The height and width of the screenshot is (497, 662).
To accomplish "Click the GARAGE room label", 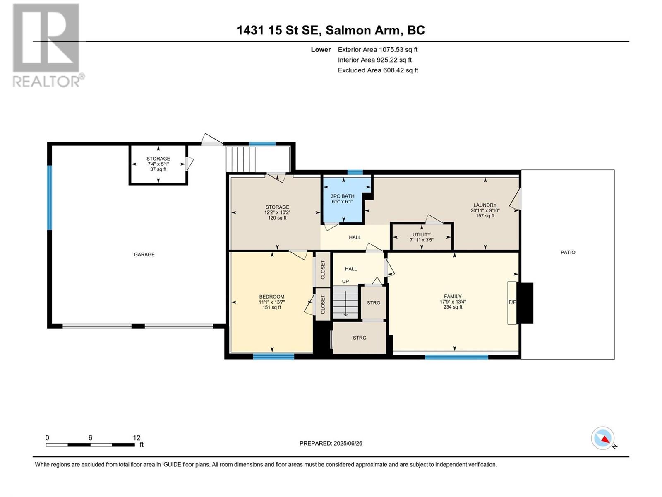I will click(144, 254).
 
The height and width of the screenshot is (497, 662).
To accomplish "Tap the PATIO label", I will click(568, 252).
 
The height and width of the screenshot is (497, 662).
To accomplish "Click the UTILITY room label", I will click(421, 234).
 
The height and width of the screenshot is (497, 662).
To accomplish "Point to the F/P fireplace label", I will click(512, 302).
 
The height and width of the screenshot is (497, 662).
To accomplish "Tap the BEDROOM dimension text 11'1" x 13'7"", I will click(272, 302).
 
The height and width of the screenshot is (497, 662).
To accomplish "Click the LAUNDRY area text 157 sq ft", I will click(485, 216).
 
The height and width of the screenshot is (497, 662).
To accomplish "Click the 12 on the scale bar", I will click(137, 438).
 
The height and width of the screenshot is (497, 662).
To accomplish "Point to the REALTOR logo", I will click(46, 46).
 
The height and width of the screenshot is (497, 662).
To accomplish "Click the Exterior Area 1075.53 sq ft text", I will click(377, 49).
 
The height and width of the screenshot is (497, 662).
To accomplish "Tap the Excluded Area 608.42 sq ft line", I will click(378, 70).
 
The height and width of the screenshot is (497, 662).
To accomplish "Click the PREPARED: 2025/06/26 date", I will click(331, 443).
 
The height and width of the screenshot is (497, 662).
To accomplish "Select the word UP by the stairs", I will click(345, 282).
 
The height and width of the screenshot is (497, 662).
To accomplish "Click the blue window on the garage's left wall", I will click(49, 198).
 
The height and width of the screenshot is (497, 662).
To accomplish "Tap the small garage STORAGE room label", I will click(158, 159).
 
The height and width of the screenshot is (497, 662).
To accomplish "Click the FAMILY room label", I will click(453, 296).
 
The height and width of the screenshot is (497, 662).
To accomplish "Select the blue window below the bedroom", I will click(273, 356).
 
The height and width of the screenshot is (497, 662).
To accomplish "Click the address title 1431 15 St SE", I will click(279, 30).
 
